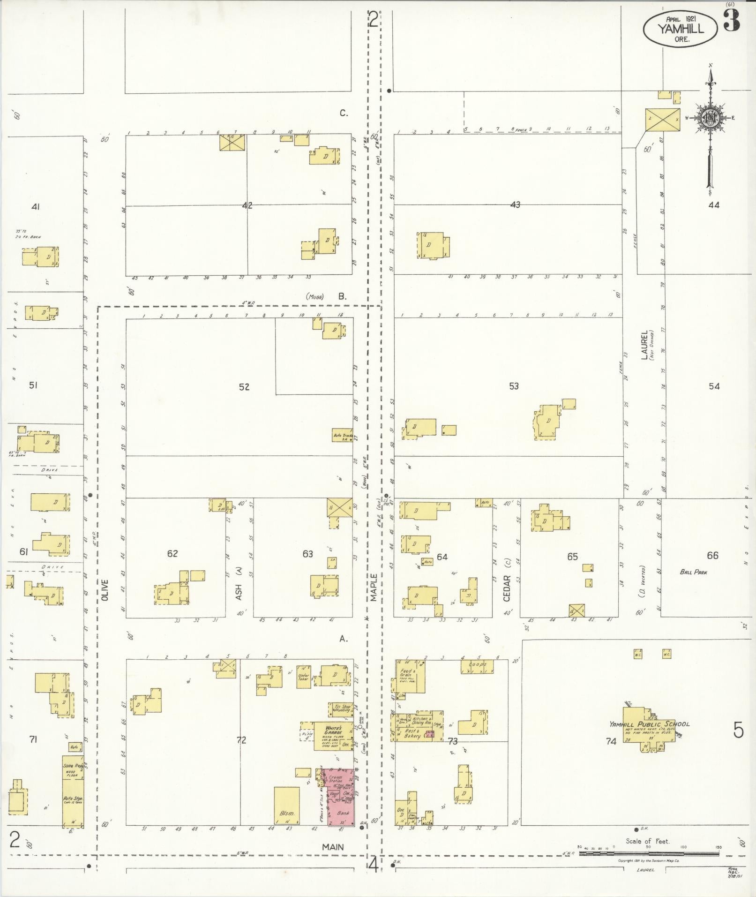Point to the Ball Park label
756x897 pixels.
(694, 572)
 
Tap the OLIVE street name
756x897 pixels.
(104, 590)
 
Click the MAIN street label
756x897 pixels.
(333, 847)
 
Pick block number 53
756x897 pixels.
(514, 386)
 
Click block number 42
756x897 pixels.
(247, 205)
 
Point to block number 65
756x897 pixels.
(572, 557)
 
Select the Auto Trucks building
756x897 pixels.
(342, 436)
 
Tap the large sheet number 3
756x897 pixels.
(732, 21)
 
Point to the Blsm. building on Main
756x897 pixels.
(286, 805)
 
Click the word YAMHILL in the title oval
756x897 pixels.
(680, 29)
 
